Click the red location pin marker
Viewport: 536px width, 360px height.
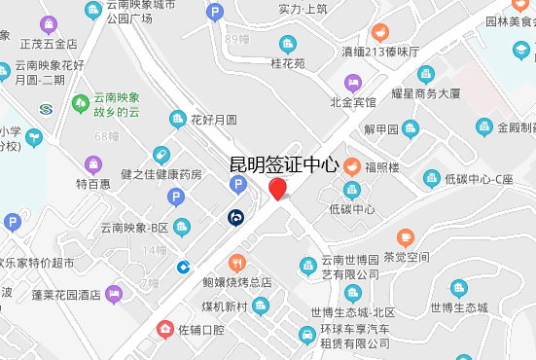[278, 189]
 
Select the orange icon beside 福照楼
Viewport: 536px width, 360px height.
[350, 166]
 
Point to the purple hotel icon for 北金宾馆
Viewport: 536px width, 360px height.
[352, 82]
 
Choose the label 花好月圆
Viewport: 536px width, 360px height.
[214, 121]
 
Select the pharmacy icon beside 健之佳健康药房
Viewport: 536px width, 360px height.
[161, 156]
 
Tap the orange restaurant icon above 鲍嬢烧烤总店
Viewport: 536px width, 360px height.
[236, 263]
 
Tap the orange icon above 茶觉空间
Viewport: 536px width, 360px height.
[406, 236]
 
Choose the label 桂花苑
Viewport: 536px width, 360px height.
[287, 64]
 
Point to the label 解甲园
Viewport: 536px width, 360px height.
[381, 128]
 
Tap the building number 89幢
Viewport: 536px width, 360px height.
[237, 39]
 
